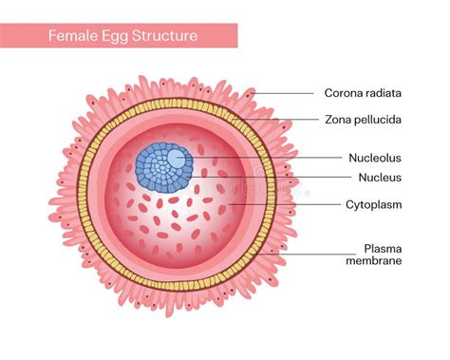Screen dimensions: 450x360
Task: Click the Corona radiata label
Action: coord(362,93)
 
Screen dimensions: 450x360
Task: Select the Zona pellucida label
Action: coord(362,120)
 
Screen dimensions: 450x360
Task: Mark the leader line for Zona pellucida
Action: coord(294,120)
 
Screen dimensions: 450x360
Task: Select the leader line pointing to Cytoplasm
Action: coord(275,203)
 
